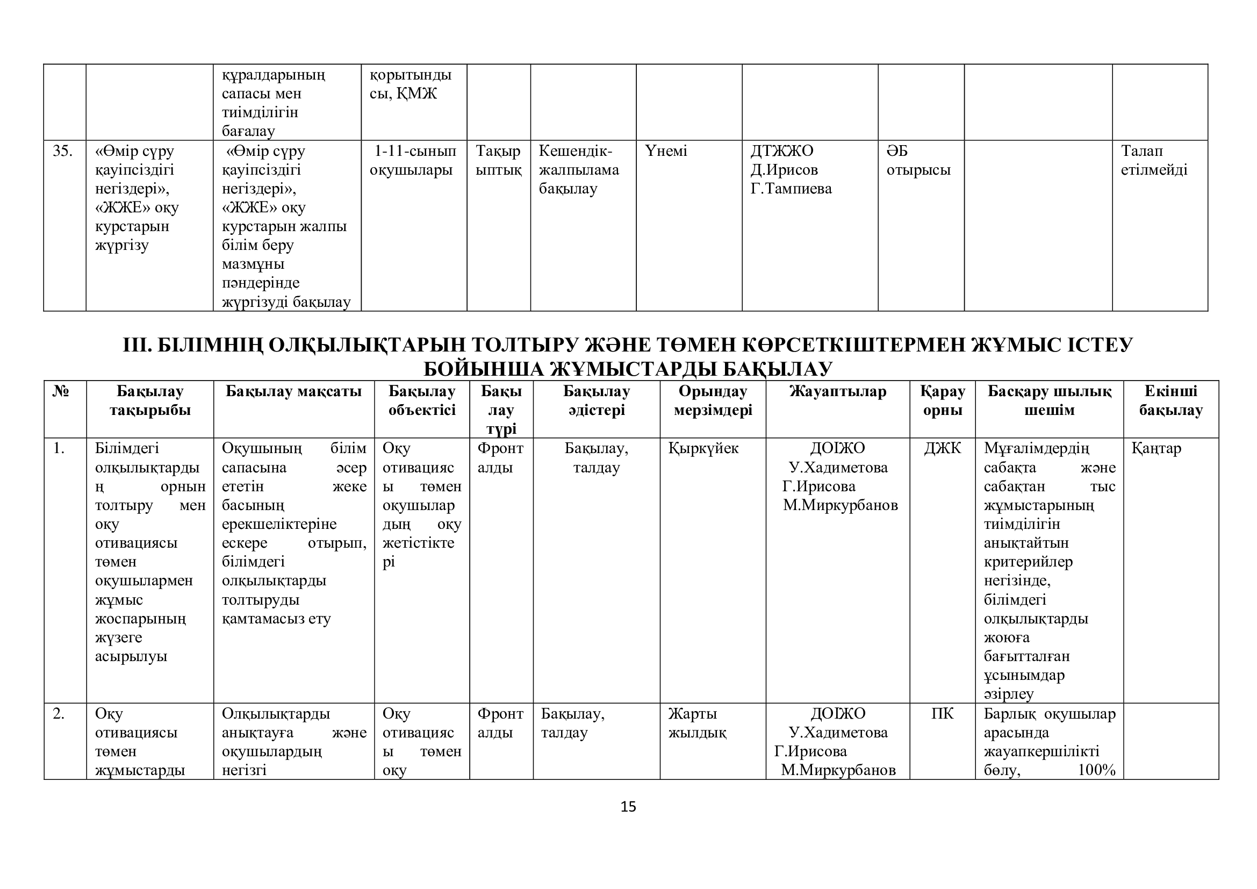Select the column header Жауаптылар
click(838, 391)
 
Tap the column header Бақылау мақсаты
click(293, 391)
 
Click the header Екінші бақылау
click(1170, 401)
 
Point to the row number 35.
click(62, 151)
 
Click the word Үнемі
click(666, 151)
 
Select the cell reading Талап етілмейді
click(1154, 160)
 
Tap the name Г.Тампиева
click(791, 189)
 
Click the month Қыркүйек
click(703, 448)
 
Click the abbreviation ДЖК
click(942, 448)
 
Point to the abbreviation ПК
click(942, 714)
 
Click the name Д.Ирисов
click(784, 170)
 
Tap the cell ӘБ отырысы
click(918, 160)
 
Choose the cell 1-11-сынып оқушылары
click(413, 160)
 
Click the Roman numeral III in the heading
click(137, 346)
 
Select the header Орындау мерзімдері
click(713, 401)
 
